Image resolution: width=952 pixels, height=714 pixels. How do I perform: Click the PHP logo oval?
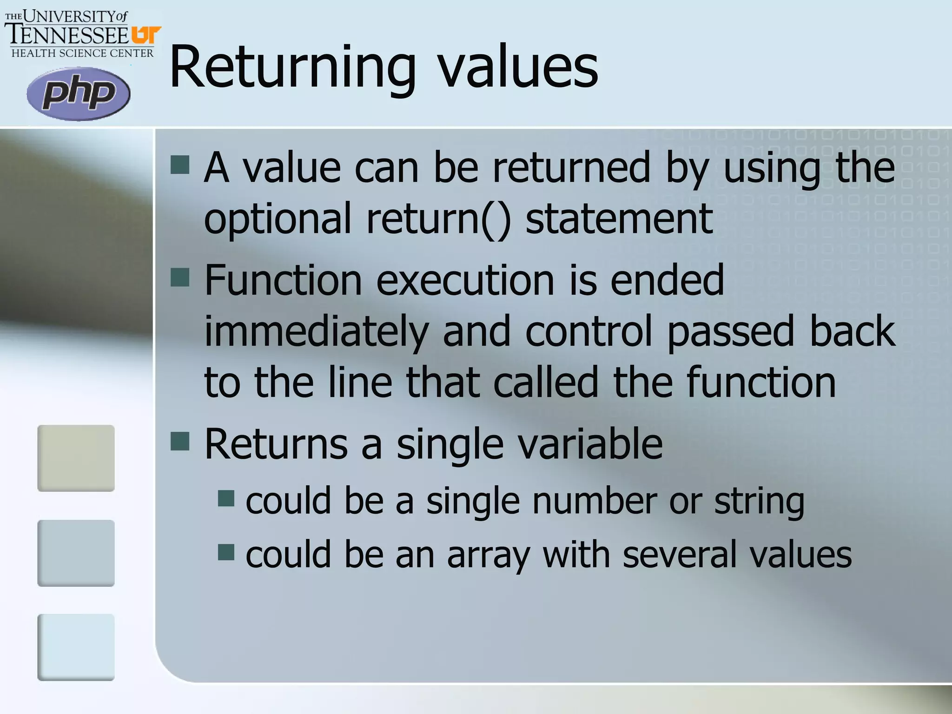[x=78, y=93]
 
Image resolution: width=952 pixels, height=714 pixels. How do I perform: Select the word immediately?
[x=316, y=331]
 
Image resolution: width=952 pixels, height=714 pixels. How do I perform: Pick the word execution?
[x=465, y=280]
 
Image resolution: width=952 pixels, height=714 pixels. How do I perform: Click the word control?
[x=588, y=331]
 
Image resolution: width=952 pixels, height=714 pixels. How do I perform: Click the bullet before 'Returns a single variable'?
[x=180, y=441]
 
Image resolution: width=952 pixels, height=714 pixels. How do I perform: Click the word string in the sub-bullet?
[x=759, y=502]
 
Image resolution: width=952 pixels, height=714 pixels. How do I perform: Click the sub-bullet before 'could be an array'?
[x=226, y=552]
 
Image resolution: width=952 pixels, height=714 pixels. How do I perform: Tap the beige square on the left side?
[x=76, y=458]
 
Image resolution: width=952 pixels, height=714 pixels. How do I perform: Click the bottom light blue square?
[x=76, y=647]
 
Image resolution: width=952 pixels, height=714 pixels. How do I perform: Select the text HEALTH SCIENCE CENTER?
[x=82, y=53]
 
